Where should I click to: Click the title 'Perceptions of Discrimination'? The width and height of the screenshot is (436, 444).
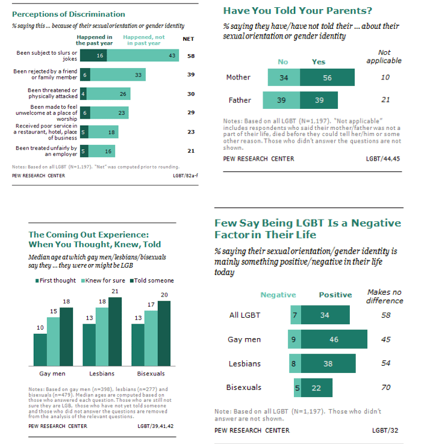(69, 14)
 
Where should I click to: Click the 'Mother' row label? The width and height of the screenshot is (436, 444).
(238, 78)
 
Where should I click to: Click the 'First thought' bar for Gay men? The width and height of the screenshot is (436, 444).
(40, 350)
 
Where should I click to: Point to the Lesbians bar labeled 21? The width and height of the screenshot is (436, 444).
(116, 331)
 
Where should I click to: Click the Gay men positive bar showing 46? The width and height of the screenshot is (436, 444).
(334, 339)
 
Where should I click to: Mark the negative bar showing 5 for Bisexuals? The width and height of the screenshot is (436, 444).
(296, 387)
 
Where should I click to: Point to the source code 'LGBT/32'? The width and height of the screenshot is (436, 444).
(384, 430)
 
